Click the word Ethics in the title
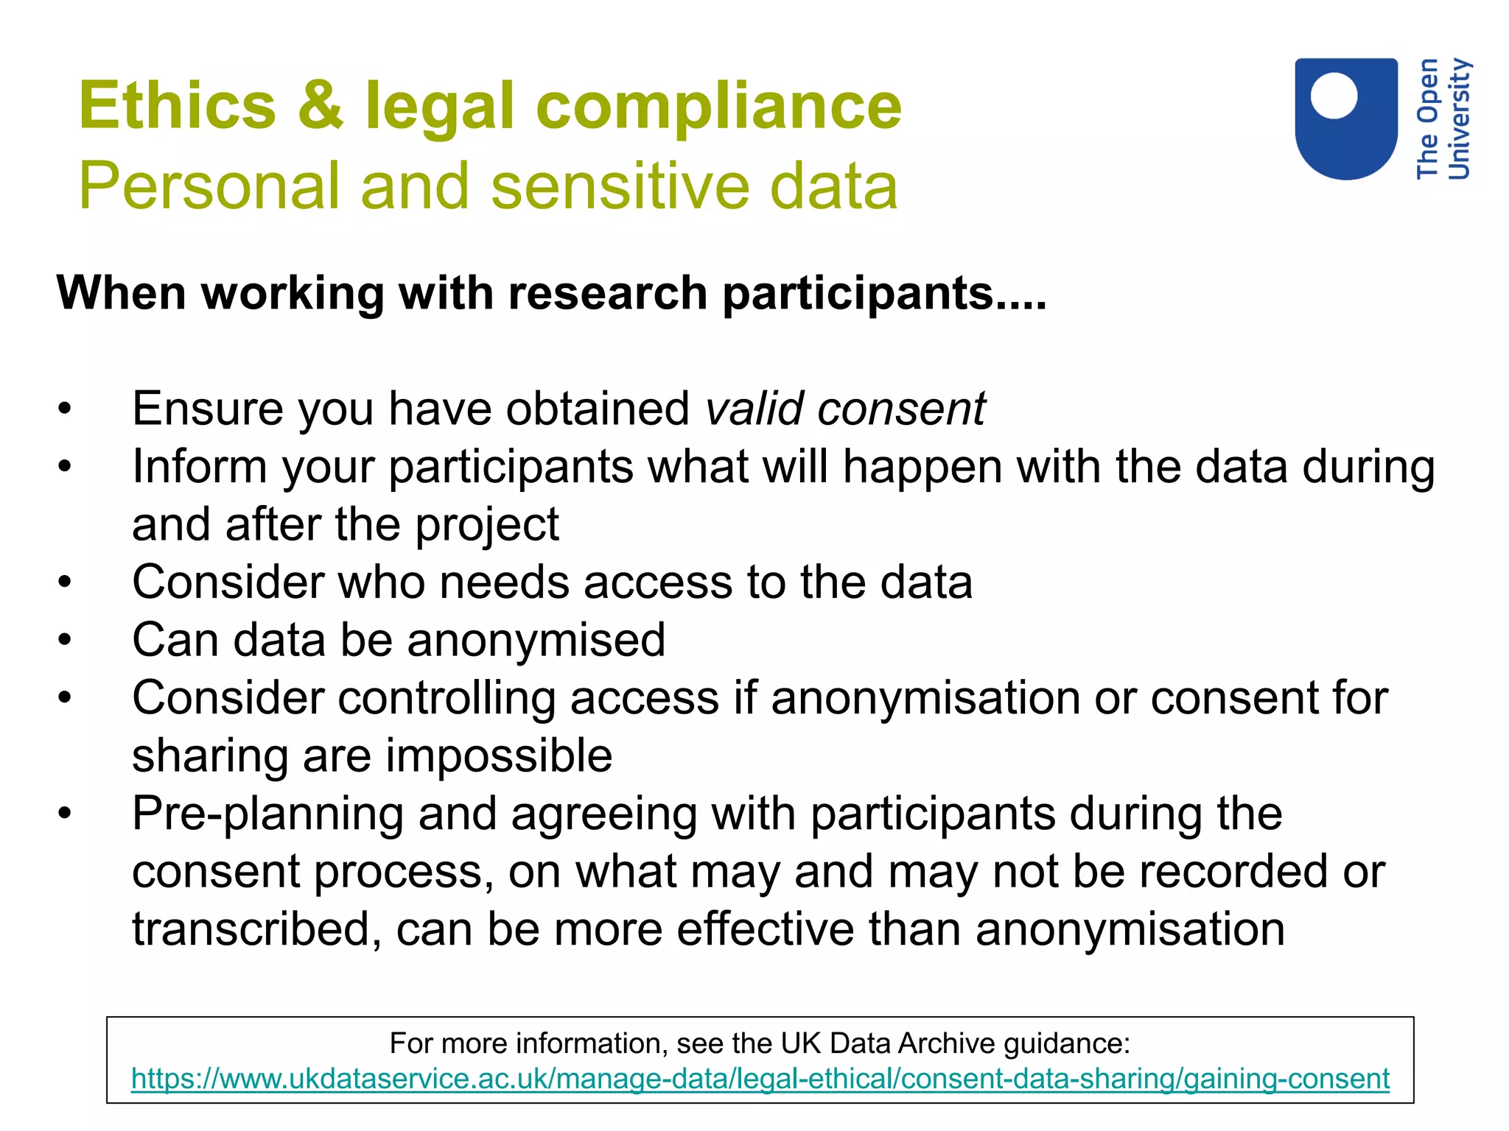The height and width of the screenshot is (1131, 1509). [177, 106]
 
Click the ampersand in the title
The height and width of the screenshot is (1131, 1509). [320, 106]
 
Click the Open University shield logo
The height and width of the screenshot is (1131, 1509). [1346, 118]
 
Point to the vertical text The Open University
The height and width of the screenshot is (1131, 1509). [1443, 119]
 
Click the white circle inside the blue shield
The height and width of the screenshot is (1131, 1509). [1334, 96]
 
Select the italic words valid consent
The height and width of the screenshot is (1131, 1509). [845, 409]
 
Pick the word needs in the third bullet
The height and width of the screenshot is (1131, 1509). [504, 582]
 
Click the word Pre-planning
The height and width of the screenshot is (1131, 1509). [267, 814]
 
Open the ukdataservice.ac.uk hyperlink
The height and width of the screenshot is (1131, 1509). [760, 1079]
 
